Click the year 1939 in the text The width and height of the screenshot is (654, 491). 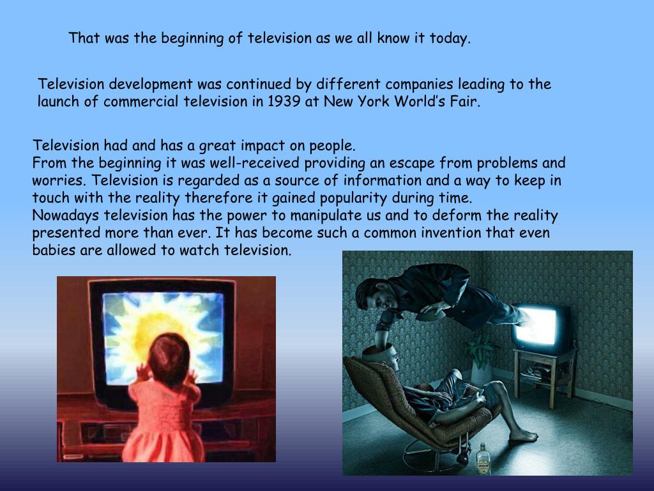[285, 102]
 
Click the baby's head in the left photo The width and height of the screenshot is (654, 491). [167, 355]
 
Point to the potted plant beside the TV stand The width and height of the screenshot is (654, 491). [481, 355]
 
